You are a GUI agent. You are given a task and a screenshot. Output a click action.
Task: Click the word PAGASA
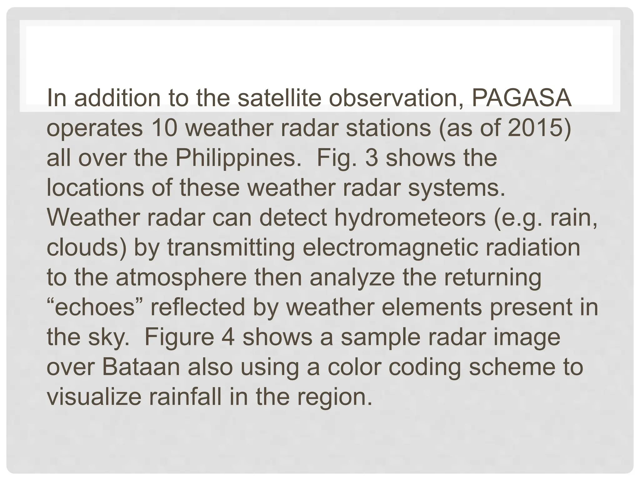click(521, 98)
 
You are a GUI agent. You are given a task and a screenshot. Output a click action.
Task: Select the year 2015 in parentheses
click(535, 128)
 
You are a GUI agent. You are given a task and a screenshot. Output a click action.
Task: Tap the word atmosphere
click(181, 277)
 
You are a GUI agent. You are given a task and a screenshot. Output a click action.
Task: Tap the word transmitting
click(231, 247)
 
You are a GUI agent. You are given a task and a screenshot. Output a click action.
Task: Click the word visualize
click(93, 397)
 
